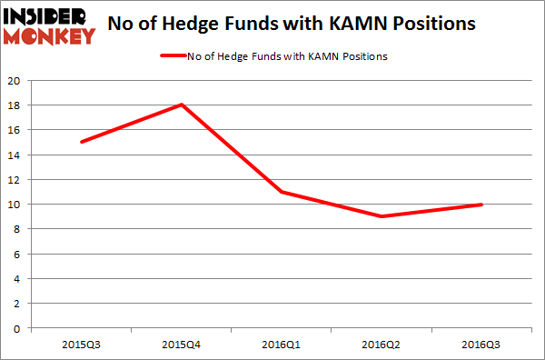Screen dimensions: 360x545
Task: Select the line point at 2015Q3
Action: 82,142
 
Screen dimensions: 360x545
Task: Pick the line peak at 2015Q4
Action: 182,105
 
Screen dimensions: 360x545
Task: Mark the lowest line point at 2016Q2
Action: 381,216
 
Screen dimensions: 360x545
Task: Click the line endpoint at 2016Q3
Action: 481,205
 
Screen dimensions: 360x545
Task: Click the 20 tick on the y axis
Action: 15,80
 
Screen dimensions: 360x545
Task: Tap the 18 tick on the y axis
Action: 15,105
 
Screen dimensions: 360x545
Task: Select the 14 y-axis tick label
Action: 15,155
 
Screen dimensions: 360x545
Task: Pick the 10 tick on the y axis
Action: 15,205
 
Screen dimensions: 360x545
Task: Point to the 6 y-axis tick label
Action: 18,254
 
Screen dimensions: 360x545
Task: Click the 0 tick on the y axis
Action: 18,328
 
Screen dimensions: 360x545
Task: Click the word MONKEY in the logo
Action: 50,36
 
